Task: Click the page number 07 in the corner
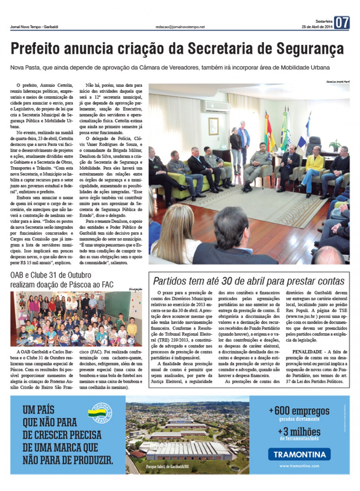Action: (x=342, y=23)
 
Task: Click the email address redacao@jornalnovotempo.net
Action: (x=180, y=27)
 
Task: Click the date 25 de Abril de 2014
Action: (x=317, y=27)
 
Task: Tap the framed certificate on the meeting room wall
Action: (x=213, y=126)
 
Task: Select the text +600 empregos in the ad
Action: (x=299, y=411)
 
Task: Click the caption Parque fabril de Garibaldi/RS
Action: (x=167, y=466)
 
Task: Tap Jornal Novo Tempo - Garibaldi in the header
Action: (x=34, y=27)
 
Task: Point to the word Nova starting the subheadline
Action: (x=18, y=67)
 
